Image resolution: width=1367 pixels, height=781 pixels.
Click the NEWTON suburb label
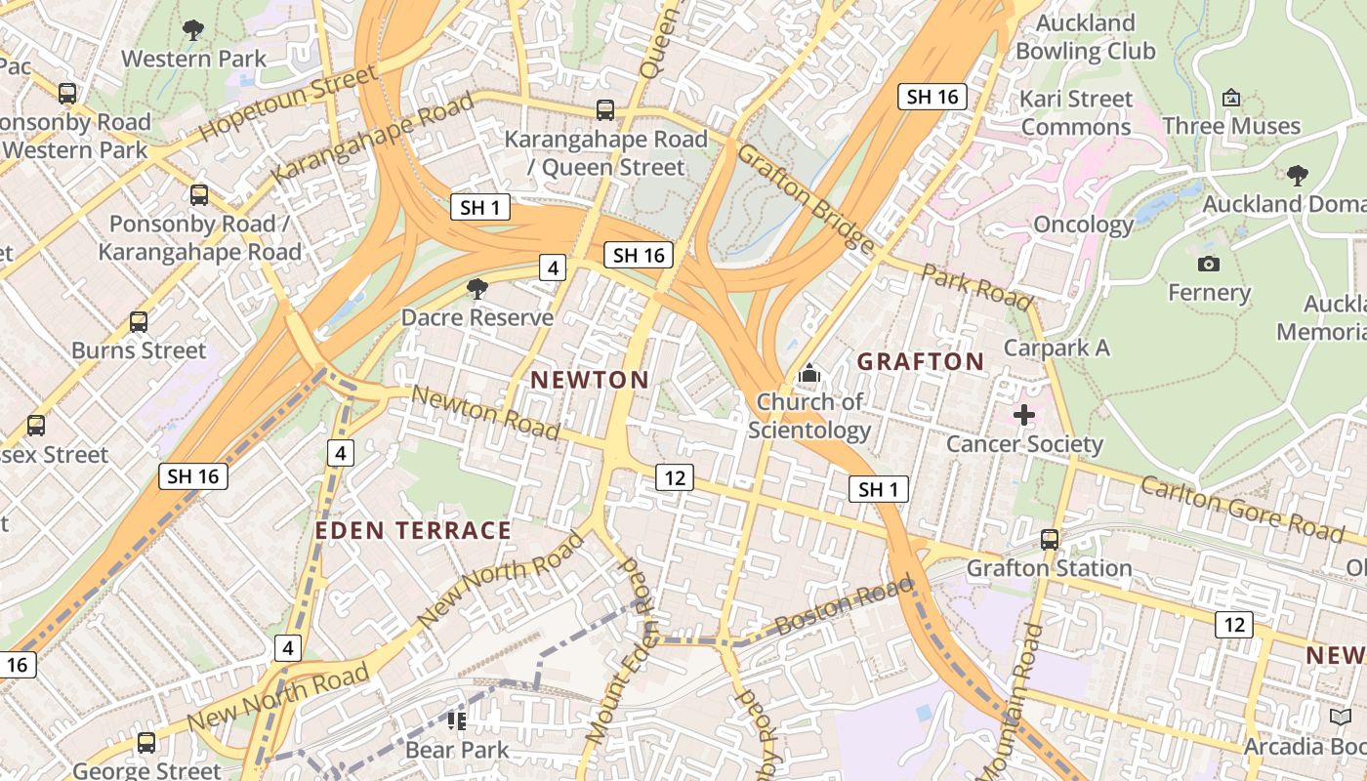590,380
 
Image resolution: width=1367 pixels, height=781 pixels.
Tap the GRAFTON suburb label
920,362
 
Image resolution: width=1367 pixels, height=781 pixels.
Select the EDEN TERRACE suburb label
413,530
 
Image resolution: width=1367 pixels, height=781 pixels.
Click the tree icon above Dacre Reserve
477,288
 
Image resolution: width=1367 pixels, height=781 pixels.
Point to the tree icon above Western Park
193,30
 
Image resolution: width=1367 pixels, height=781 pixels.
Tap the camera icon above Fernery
1208,264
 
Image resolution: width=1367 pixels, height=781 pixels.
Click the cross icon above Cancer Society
1023,416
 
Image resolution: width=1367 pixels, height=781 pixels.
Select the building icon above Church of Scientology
808,373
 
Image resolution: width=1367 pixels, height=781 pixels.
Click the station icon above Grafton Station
1050,539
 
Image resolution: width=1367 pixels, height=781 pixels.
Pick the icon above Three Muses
1231,98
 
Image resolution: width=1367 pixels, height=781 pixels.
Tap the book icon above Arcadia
1341,718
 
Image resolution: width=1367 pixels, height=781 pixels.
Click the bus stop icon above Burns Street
139,321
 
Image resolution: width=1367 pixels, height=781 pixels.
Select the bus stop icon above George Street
146,742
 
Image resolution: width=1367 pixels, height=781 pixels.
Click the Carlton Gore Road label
1241,508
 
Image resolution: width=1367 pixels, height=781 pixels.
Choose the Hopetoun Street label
288,103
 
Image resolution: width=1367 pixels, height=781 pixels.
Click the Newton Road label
485,412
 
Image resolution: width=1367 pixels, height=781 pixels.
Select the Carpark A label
1056,348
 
